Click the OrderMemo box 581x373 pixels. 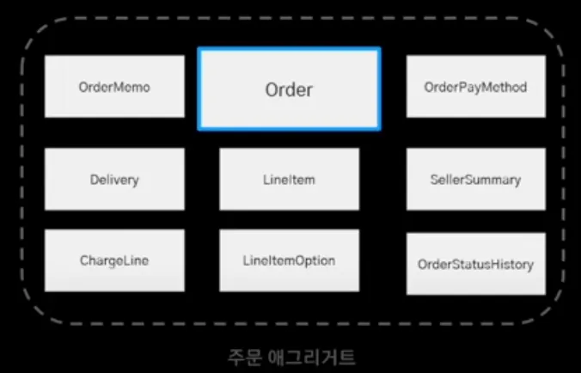tap(114, 87)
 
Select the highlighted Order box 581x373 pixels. tap(289, 89)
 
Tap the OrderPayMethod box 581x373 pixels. tap(475, 87)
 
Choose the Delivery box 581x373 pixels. tap(114, 180)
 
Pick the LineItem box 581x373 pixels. tap(289, 180)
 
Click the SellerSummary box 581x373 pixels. tap(475, 180)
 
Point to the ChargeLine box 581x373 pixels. tap(114, 260)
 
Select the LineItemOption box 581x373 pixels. tap(289, 260)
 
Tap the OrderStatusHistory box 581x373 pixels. tap(475, 264)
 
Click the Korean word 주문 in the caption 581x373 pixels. tap(241, 355)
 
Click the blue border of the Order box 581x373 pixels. tap(199, 89)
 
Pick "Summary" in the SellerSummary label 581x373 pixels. tap(492, 180)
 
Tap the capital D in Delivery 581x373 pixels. tap(94, 180)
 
